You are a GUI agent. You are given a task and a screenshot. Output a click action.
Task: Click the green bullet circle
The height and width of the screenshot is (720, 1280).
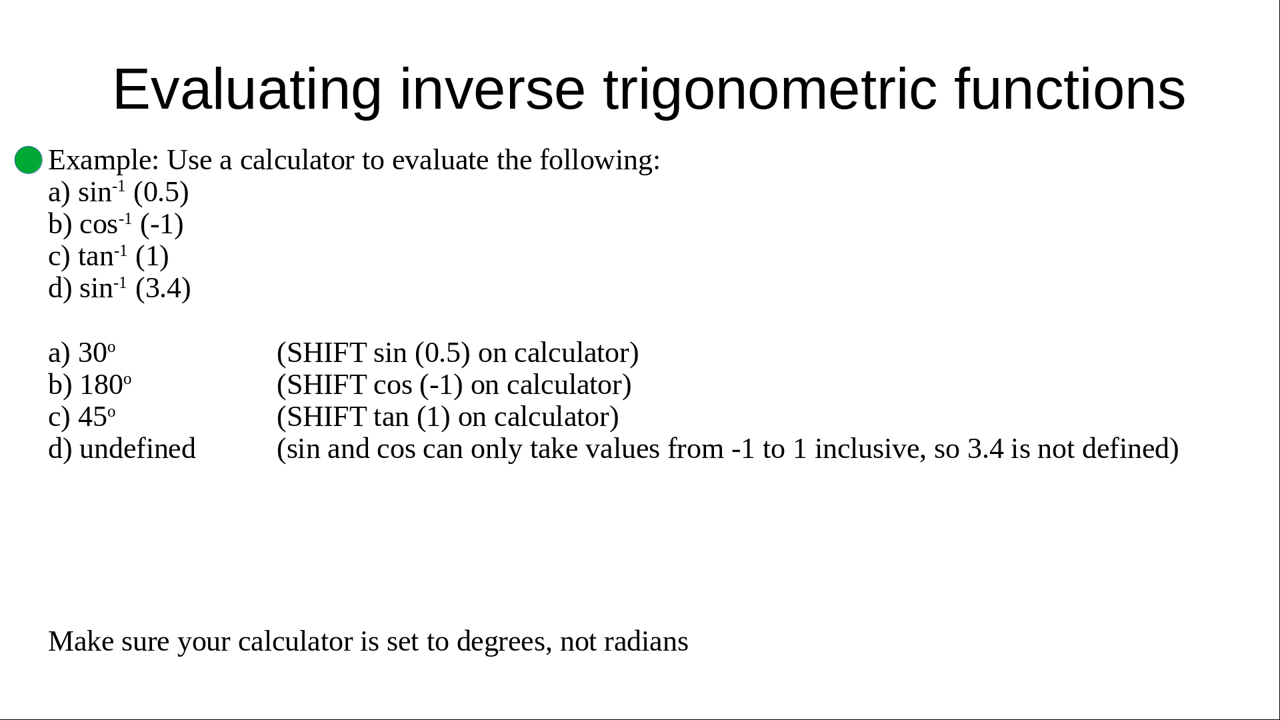29,160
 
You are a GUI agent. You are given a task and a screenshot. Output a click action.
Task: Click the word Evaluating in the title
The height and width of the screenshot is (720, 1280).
247,90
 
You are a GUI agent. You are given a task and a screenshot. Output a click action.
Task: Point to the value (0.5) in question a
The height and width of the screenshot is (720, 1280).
161,193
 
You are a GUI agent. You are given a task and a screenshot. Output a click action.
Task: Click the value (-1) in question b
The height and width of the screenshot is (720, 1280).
161,225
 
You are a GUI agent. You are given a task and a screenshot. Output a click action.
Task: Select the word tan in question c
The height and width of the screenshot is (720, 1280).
95,257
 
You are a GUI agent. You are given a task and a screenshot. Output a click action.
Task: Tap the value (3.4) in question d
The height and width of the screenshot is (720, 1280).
163,289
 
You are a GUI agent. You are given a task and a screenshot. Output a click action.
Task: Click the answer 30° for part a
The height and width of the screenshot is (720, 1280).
97,353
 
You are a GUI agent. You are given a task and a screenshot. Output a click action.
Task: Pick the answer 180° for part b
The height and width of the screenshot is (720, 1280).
105,385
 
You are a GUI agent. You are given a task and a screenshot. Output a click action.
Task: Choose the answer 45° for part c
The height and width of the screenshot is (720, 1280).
97,417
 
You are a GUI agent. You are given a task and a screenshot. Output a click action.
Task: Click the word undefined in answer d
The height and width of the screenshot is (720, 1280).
137,448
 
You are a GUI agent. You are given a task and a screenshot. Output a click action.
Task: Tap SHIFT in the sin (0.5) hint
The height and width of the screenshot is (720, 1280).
326,353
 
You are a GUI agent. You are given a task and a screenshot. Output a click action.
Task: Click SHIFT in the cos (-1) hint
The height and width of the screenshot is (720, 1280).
326,385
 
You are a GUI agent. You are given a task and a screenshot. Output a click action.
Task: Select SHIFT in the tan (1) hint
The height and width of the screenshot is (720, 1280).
326,417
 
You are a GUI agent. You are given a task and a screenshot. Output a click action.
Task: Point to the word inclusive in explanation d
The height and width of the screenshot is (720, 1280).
870,449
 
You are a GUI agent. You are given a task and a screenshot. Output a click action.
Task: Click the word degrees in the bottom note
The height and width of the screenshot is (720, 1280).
504,642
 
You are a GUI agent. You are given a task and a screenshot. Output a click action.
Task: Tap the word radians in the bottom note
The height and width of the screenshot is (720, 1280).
646,641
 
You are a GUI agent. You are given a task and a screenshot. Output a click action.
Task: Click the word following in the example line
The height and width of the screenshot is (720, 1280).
599,161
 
